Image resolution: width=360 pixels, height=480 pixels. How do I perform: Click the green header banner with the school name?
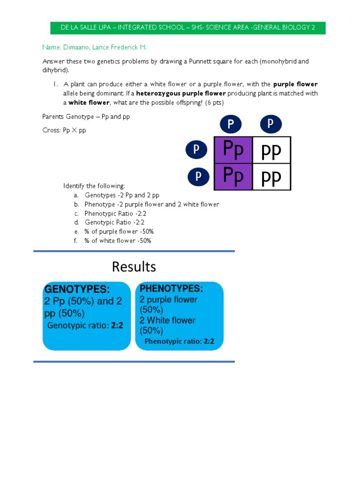[188, 28]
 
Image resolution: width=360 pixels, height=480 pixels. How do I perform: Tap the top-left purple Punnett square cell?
[233, 150]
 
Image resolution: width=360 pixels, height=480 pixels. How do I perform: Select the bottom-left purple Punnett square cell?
[233, 177]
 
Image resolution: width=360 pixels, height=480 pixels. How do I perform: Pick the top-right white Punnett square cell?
[271, 150]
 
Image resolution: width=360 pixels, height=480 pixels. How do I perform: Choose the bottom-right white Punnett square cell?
[271, 177]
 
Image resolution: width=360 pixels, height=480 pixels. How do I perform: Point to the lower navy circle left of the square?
[199, 176]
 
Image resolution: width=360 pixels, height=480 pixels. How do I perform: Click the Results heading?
[134, 267]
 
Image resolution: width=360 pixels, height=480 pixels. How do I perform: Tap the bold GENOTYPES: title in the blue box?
[77, 289]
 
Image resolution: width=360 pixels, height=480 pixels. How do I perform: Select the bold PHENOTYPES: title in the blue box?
[171, 288]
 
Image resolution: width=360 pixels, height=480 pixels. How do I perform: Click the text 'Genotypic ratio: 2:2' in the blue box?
[85, 325]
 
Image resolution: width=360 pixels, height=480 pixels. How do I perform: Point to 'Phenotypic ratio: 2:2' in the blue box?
[179, 341]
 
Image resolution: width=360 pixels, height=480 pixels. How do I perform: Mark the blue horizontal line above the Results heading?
[134, 251]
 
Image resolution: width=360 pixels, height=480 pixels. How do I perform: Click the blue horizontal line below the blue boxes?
[134, 361]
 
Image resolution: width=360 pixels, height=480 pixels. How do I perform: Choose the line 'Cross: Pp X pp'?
[64, 130]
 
